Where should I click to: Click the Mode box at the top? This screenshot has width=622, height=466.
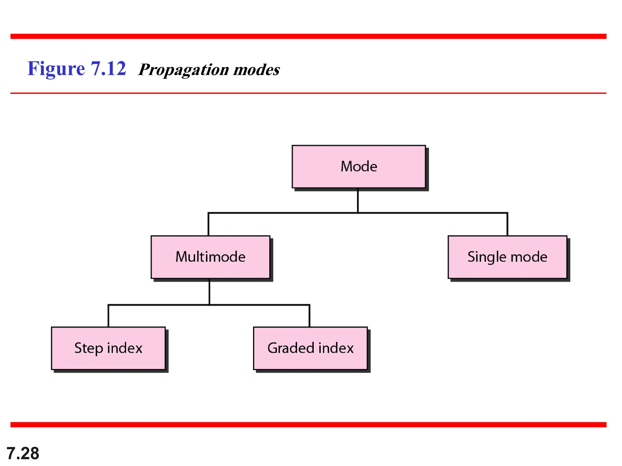359,167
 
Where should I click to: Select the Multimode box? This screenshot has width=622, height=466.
210,257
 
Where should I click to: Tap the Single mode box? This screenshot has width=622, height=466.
507,257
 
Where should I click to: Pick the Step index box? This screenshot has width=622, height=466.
108,348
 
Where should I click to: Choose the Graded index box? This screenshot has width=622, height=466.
310,348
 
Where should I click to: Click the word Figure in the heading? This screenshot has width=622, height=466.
56,69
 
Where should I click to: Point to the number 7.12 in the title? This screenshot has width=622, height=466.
108,68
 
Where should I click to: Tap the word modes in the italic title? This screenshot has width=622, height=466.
256,69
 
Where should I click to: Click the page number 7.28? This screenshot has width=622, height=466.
23,453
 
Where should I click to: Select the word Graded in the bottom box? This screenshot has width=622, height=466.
290,348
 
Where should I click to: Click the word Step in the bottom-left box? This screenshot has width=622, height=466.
88,348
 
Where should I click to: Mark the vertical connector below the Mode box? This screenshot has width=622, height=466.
358,200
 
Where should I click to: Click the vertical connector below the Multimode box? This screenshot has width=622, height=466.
209,292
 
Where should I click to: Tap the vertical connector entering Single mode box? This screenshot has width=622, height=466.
507,224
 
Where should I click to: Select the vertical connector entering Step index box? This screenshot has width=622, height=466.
108,316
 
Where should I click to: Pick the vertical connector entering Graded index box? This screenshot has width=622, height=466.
309,316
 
